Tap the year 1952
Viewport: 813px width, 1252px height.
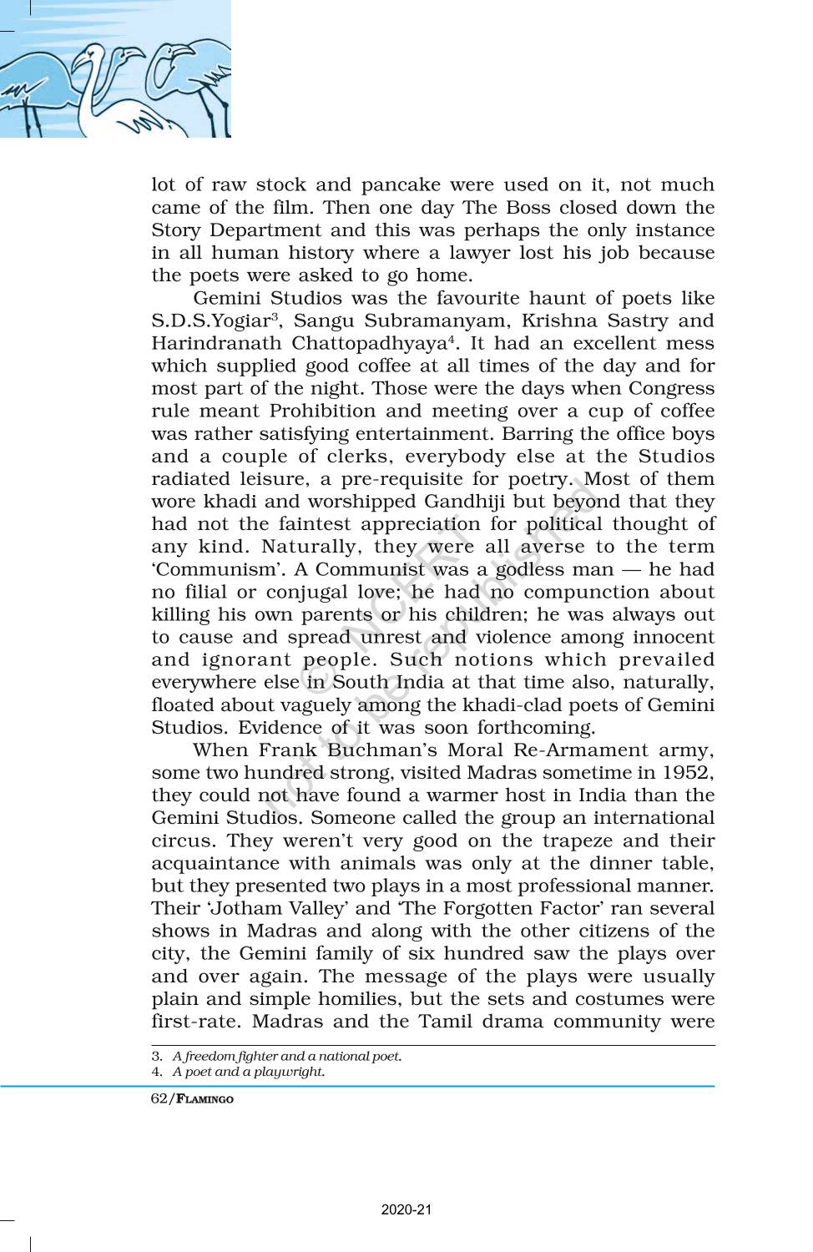click(x=689, y=773)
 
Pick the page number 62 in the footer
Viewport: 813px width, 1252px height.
click(x=159, y=1098)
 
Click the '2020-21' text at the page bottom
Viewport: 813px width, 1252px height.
click(x=406, y=1209)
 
